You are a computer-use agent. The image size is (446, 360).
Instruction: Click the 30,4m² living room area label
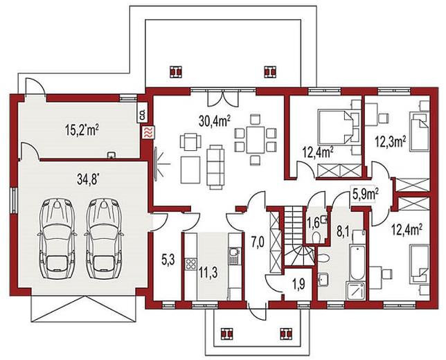point(215,121)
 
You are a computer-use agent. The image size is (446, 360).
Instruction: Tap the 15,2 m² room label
point(82,130)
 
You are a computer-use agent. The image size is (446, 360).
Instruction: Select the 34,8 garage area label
point(88,179)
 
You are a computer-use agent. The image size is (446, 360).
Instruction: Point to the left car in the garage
point(57,238)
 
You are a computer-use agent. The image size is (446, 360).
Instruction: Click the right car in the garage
point(105,238)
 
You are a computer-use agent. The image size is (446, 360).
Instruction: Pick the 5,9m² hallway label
point(366,195)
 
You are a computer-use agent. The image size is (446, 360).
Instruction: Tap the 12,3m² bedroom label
point(391,142)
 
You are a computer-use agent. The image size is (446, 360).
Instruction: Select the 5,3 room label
point(168,260)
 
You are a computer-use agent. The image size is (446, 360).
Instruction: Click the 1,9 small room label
point(298,285)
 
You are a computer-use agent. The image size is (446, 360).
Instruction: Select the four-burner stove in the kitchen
point(190,264)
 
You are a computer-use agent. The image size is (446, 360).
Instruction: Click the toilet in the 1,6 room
point(316,237)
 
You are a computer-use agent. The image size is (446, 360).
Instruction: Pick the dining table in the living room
point(256,140)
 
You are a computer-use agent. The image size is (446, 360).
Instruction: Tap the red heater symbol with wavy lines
point(149,133)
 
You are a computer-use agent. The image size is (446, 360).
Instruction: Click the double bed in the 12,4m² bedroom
point(335,127)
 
